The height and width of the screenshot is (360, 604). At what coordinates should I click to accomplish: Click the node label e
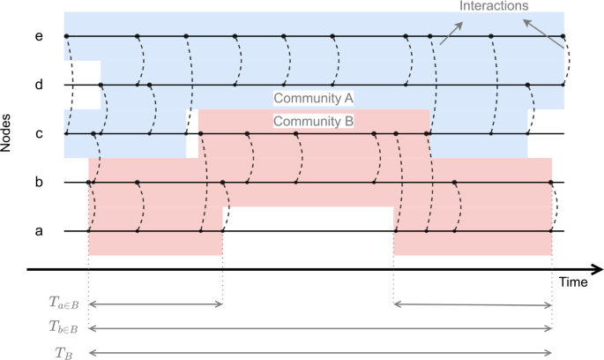tap(38, 37)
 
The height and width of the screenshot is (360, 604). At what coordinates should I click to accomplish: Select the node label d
tap(38, 86)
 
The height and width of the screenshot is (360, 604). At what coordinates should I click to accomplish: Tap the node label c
tap(38, 134)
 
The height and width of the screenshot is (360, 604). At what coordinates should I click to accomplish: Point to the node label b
tap(38, 183)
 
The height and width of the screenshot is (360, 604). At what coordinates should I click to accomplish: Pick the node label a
tap(38, 231)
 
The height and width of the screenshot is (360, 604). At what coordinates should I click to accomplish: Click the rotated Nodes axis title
tap(8, 132)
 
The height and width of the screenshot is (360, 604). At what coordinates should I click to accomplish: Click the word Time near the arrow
tap(573, 282)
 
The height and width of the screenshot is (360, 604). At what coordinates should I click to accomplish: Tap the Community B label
tap(313, 122)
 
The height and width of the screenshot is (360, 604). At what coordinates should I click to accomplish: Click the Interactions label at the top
tap(495, 5)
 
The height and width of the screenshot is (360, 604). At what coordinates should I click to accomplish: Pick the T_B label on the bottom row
tap(63, 352)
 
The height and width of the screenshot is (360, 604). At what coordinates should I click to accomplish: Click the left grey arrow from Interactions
tap(451, 33)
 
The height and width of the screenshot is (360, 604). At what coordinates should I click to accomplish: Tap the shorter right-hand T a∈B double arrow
tap(472, 304)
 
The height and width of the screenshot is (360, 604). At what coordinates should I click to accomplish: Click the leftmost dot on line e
tap(65, 37)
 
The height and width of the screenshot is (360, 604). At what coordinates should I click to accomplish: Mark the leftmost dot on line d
tap(101, 86)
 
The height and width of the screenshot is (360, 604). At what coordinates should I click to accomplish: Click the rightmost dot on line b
tap(551, 183)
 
